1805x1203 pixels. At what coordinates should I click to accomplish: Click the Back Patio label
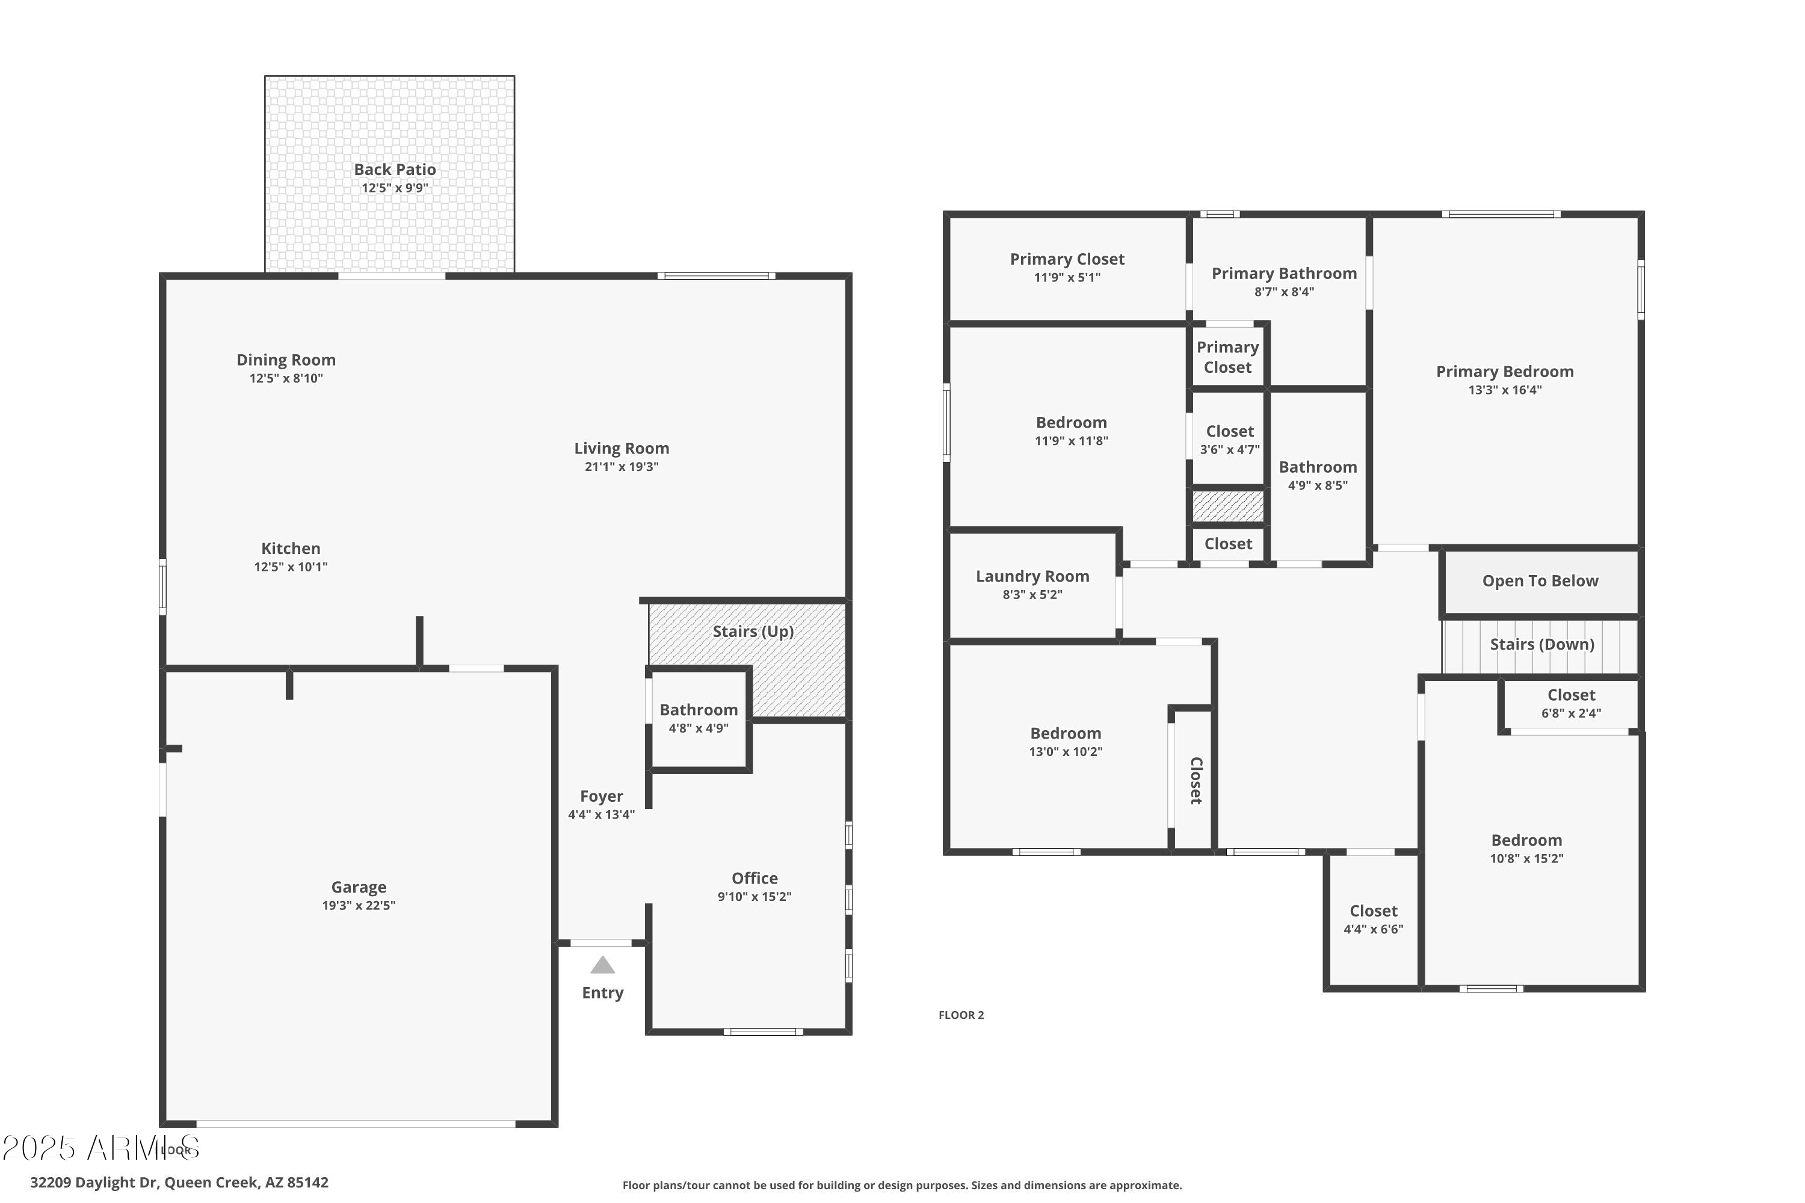(x=395, y=170)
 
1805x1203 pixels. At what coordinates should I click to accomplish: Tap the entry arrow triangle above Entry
(x=602, y=965)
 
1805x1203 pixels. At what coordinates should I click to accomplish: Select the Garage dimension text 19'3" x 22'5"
(x=359, y=905)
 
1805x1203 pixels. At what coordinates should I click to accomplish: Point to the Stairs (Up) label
(x=753, y=632)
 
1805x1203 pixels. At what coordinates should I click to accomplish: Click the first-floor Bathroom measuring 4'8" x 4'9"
(x=699, y=718)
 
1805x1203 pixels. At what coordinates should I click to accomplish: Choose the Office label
(x=754, y=878)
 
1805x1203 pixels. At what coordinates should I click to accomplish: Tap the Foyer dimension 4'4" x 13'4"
(x=601, y=815)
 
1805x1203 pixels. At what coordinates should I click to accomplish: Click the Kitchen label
(x=291, y=549)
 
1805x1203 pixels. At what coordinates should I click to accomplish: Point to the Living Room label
(x=622, y=449)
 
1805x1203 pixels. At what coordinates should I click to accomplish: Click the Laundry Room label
(x=1032, y=576)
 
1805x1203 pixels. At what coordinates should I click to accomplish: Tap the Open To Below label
(x=1540, y=581)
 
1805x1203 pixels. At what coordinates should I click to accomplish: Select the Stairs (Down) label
(x=1541, y=644)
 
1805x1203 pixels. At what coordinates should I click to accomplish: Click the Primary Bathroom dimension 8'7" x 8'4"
(x=1284, y=292)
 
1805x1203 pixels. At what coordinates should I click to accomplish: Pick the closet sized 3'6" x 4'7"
(x=1229, y=440)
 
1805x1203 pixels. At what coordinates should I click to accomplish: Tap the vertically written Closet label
(x=1196, y=780)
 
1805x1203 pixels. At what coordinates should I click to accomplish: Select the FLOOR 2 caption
(x=961, y=1015)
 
